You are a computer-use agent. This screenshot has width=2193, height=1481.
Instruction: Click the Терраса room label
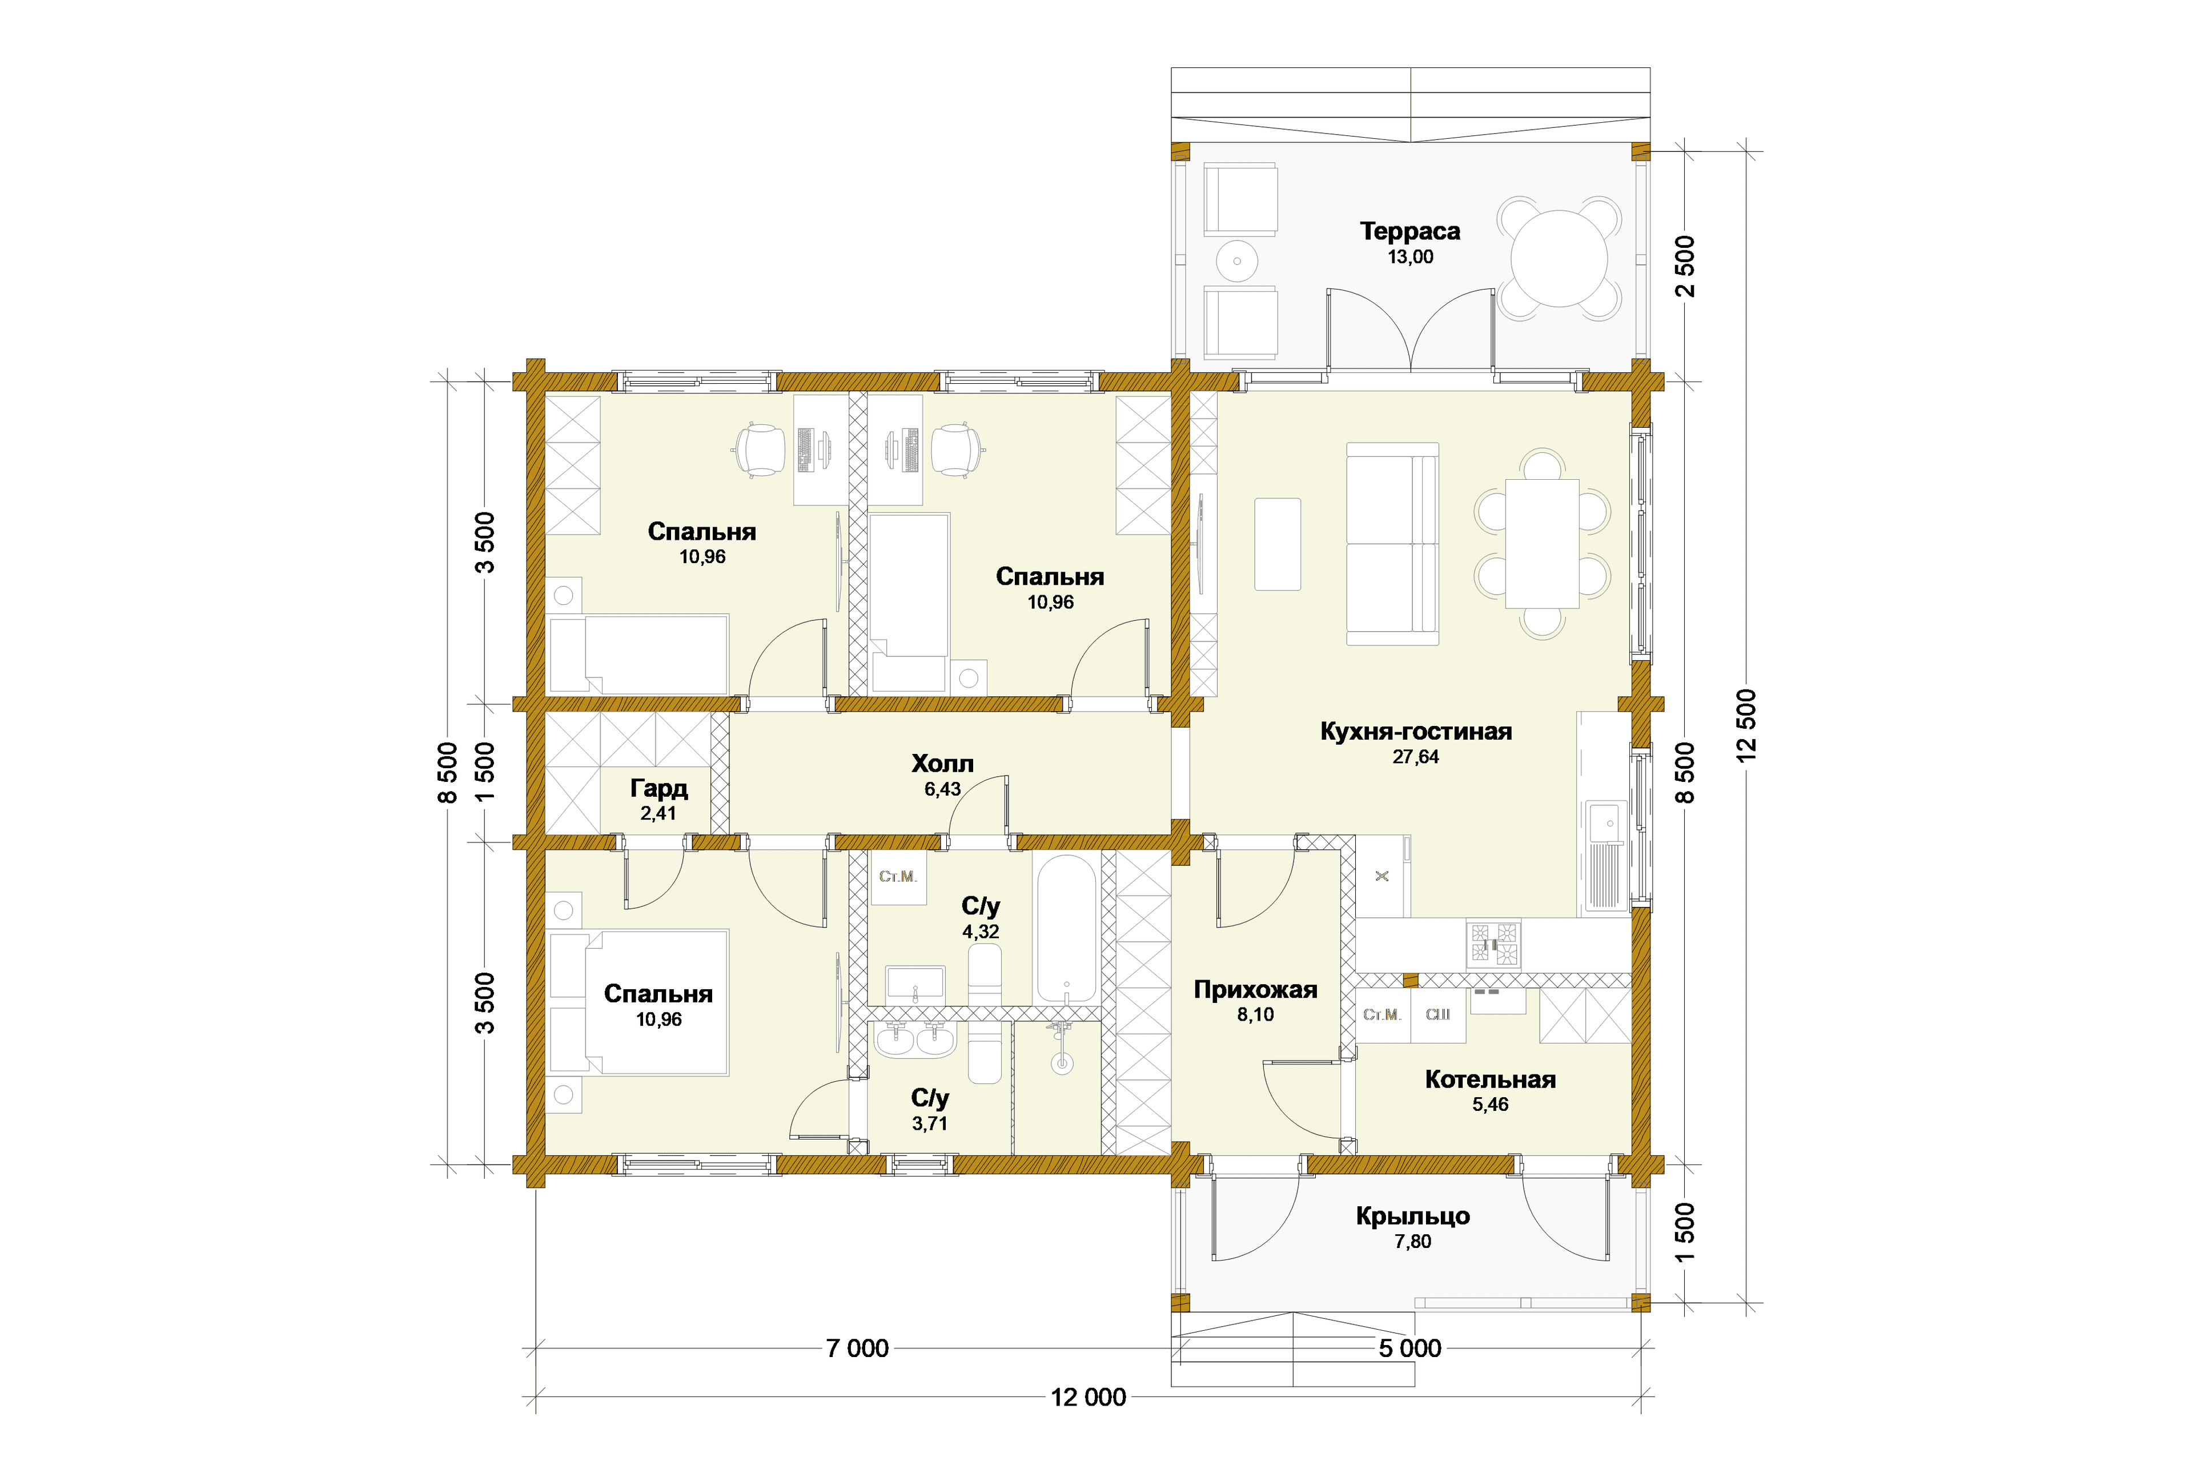tap(1410, 231)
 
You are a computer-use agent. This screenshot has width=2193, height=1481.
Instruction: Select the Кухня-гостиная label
tap(1415, 732)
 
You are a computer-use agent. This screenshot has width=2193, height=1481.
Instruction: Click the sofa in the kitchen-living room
tap(1392, 544)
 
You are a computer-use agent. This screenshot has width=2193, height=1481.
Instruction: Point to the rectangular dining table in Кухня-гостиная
tap(1542, 544)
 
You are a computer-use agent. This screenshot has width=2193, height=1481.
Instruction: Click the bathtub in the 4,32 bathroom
tap(1066, 928)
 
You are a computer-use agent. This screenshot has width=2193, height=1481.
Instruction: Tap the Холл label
tap(942, 764)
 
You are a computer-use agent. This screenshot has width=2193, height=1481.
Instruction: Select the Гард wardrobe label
tap(658, 788)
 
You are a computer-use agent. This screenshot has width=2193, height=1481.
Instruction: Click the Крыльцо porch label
tap(1413, 1216)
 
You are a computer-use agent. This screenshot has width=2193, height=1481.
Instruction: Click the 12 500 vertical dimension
tap(1746, 725)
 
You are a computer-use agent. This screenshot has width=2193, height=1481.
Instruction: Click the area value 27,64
tap(1415, 757)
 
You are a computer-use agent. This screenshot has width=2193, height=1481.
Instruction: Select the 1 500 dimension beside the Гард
tap(484, 771)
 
